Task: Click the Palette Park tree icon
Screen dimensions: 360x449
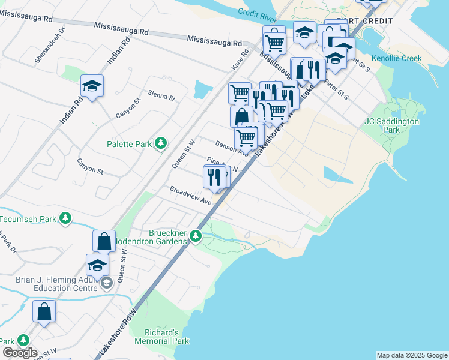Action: pos(160,143)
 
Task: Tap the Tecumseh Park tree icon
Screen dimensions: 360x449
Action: pos(66,219)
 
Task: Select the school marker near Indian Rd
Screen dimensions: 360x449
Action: pos(92,88)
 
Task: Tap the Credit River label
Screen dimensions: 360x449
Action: pos(256,13)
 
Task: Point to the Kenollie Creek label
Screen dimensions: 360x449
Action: pos(396,58)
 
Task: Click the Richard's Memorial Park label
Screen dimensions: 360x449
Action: pos(167,337)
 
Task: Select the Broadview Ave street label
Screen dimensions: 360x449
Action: pos(190,195)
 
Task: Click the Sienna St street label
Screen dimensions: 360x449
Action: pos(161,96)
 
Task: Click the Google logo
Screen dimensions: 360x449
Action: pos(19,353)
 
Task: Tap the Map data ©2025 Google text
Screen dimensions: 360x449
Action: pos(412,355)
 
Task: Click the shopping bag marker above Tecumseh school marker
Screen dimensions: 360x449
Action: pos(104,241)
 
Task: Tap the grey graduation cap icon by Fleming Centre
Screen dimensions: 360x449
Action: pos(106,283)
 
